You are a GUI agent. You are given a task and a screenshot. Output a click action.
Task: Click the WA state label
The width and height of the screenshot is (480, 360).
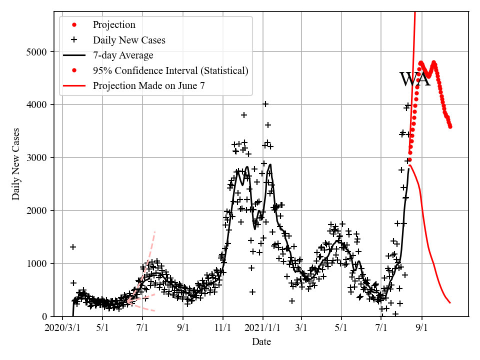tap(414, 79)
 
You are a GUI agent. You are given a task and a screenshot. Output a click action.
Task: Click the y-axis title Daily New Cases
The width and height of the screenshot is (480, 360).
tap(16, 164)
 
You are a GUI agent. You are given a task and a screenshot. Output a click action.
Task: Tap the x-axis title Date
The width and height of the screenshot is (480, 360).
tap(261, 342)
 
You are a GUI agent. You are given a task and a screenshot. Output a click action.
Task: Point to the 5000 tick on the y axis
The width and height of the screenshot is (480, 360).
tap(40, 52)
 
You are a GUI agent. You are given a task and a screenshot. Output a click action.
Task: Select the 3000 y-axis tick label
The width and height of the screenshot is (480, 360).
tap(40, 158)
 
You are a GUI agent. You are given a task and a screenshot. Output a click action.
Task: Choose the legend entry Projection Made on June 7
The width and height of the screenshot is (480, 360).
tap(148, 85)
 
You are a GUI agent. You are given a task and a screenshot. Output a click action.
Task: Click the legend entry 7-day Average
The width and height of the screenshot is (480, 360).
tap(123, 55)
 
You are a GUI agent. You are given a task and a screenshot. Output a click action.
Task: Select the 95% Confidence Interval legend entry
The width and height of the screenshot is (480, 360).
tap(170, 70)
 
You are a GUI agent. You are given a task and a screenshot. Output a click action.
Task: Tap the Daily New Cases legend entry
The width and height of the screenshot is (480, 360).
tap(129, 40)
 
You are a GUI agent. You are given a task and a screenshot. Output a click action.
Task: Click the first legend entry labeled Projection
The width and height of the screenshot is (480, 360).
tap(114, 24)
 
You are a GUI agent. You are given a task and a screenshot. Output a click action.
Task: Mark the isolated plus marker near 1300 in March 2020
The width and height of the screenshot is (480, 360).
tap(73, 247)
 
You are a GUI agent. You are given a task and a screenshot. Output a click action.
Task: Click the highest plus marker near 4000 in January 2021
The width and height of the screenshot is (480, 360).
tap(265, 104)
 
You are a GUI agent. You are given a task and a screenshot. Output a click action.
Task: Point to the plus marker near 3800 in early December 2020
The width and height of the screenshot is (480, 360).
tap(244, 115)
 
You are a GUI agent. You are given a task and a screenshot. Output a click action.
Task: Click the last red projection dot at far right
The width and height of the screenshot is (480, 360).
tap(450, 126)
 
